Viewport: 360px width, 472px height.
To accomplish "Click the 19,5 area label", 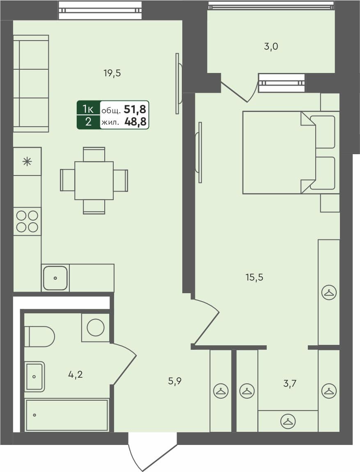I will (112, 73).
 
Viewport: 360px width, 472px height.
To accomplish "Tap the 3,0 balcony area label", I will (271, 46).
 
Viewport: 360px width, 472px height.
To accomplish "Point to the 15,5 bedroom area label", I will (254, 277).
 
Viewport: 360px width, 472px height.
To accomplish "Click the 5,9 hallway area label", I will (175, 381).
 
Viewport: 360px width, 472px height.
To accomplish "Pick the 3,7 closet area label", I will (290, 384).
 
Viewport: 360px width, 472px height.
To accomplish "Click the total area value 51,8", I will (138, 109).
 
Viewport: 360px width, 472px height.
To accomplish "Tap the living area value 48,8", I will (138, 122).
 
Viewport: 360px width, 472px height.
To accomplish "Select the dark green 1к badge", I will (88, 109).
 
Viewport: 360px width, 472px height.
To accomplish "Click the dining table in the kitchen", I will (94, 180).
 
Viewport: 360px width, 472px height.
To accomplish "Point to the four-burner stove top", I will (27, 221).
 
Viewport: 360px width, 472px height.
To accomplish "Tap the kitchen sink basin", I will (55, 278).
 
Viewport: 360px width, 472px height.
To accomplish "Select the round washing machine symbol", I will (96, 327).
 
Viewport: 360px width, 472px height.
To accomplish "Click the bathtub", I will (66, 415).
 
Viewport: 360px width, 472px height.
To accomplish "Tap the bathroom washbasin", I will (34, 376).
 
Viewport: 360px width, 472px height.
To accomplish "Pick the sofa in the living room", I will (31, 84).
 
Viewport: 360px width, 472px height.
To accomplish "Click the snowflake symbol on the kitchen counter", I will (27, 161).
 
